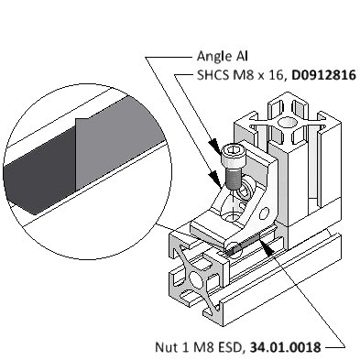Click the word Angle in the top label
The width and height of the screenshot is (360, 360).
[210, 57]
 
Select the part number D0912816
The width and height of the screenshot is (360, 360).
[324, 75]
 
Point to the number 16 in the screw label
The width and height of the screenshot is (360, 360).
[276, 75]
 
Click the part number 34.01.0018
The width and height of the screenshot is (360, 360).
[286, 347]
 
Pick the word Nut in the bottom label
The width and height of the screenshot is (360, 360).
[165, 347]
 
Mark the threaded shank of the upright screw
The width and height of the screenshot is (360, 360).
[235, 179]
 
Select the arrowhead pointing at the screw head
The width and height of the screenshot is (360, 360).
[215, 146]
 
